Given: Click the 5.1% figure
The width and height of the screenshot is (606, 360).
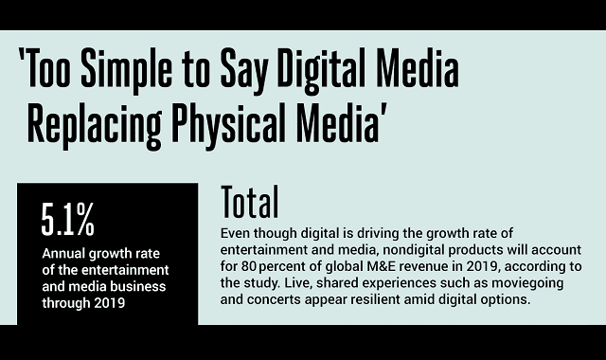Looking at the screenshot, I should (67, 221).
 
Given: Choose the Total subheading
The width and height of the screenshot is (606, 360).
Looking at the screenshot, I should (250, 202).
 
